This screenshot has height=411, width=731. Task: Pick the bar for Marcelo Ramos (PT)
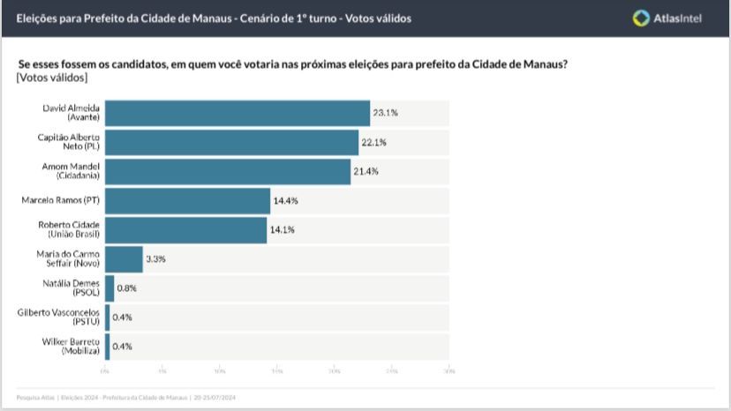[x=187, y=200]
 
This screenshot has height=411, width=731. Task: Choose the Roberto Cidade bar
[x=185, y=229]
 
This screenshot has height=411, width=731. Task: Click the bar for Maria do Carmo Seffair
[x=124, y=259]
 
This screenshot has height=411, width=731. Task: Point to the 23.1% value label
[x=385, y=113]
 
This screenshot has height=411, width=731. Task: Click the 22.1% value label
[x=374, y=142]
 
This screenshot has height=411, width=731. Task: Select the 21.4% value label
[x=365, y=171]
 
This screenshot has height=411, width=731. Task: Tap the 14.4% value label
[x=285, y=200]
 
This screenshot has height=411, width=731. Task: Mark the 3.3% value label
[x=155, y=259]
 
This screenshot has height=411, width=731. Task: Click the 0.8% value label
[x=126, y=288]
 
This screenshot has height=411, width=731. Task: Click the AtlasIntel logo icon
[x=642, y=18]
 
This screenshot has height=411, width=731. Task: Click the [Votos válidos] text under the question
[x=52, y=78]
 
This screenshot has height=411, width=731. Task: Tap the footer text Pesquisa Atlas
[x=34, y=397]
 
